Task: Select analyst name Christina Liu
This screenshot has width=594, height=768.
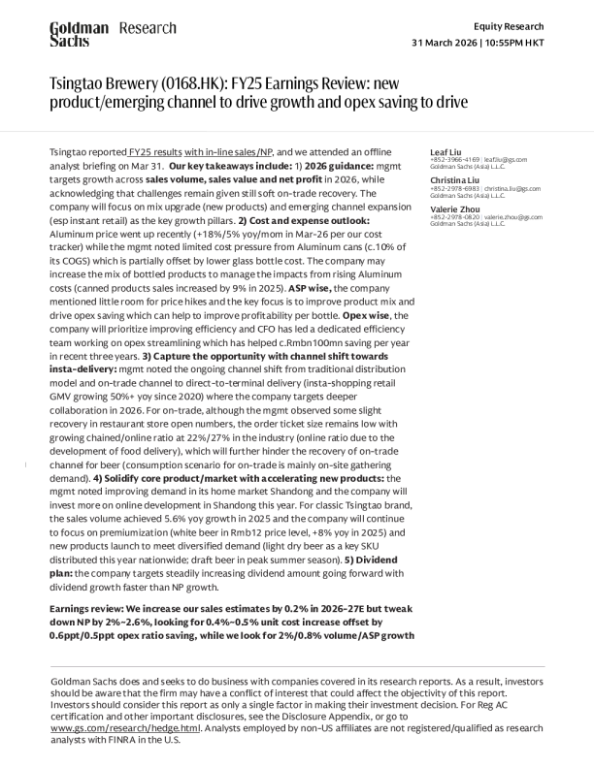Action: pyautogui.click(x=452, y=180)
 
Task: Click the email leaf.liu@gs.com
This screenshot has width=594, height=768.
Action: pyautogui.click(x=506, y=160)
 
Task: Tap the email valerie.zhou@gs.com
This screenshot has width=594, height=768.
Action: pyautogui.click(x=513, y=217)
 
